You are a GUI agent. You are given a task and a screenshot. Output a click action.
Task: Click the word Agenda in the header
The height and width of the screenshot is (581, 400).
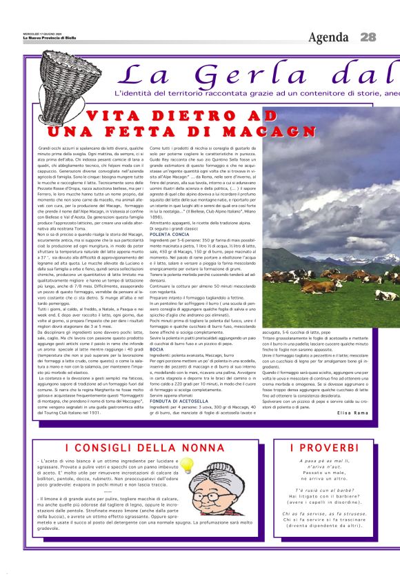(x=329, y=37)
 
